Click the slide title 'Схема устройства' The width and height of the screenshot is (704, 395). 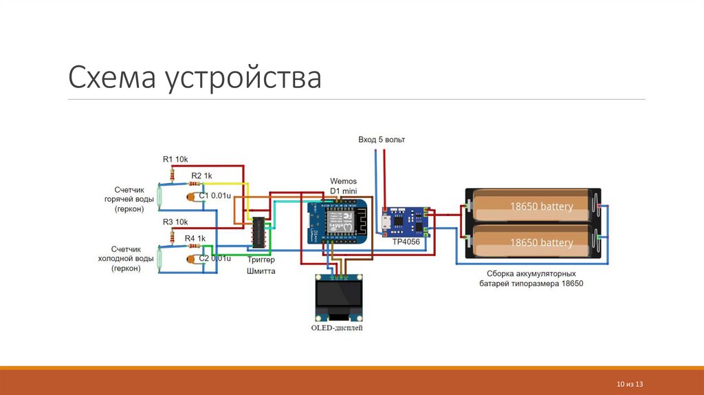point(195,78)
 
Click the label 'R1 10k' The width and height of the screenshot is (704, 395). point(175,160)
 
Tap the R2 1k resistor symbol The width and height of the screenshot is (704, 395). point(195,184)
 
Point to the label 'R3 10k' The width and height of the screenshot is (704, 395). point(175,222)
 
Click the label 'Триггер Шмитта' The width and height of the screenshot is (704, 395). point(261,266)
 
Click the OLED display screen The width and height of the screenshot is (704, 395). point(338,295)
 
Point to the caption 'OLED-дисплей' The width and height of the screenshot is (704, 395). point(337,329)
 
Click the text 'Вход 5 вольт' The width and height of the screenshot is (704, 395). point(382,140)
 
